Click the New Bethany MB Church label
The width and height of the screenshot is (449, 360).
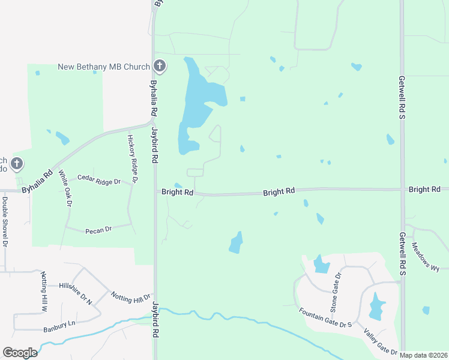coord(103,67)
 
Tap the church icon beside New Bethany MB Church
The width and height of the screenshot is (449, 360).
coord(159,66)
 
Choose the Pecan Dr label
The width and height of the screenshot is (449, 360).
coord(100,229)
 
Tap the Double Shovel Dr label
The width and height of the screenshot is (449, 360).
coord(5,222)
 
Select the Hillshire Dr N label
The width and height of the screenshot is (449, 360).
coord(76,292)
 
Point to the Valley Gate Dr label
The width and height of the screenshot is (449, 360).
coord(380,340)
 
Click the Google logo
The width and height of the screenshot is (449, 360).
coord(20,353)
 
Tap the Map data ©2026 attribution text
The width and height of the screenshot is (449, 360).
coord(424,355)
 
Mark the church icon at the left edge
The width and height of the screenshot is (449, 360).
coord(17,163)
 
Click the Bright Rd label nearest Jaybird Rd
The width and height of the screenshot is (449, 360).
coord(177,193)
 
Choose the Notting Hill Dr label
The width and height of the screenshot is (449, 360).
coord(130,296)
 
